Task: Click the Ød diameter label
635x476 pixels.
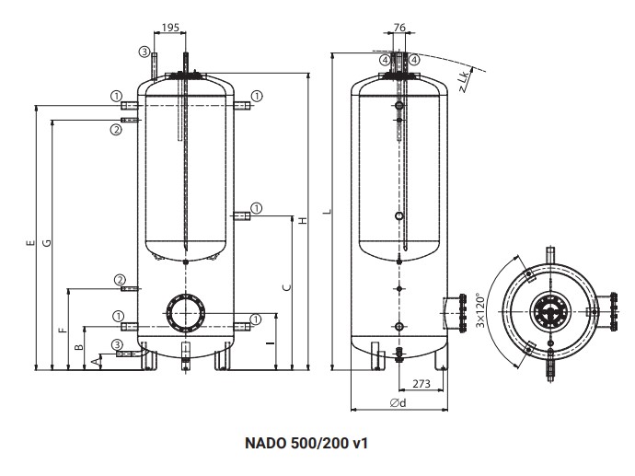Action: (398, 402)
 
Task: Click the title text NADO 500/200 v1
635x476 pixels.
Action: (306, 443)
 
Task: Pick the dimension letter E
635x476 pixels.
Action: (30, 243)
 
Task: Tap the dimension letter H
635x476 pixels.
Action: (302, 220)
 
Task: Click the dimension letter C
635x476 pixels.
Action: (286, 287)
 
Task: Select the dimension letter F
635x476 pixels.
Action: (63, 329)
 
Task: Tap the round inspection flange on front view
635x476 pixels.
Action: (185, 313)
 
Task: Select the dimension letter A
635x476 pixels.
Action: (96, 362)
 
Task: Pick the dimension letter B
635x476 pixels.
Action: (79, 348)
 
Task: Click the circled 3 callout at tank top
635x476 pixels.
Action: (144, 52)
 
